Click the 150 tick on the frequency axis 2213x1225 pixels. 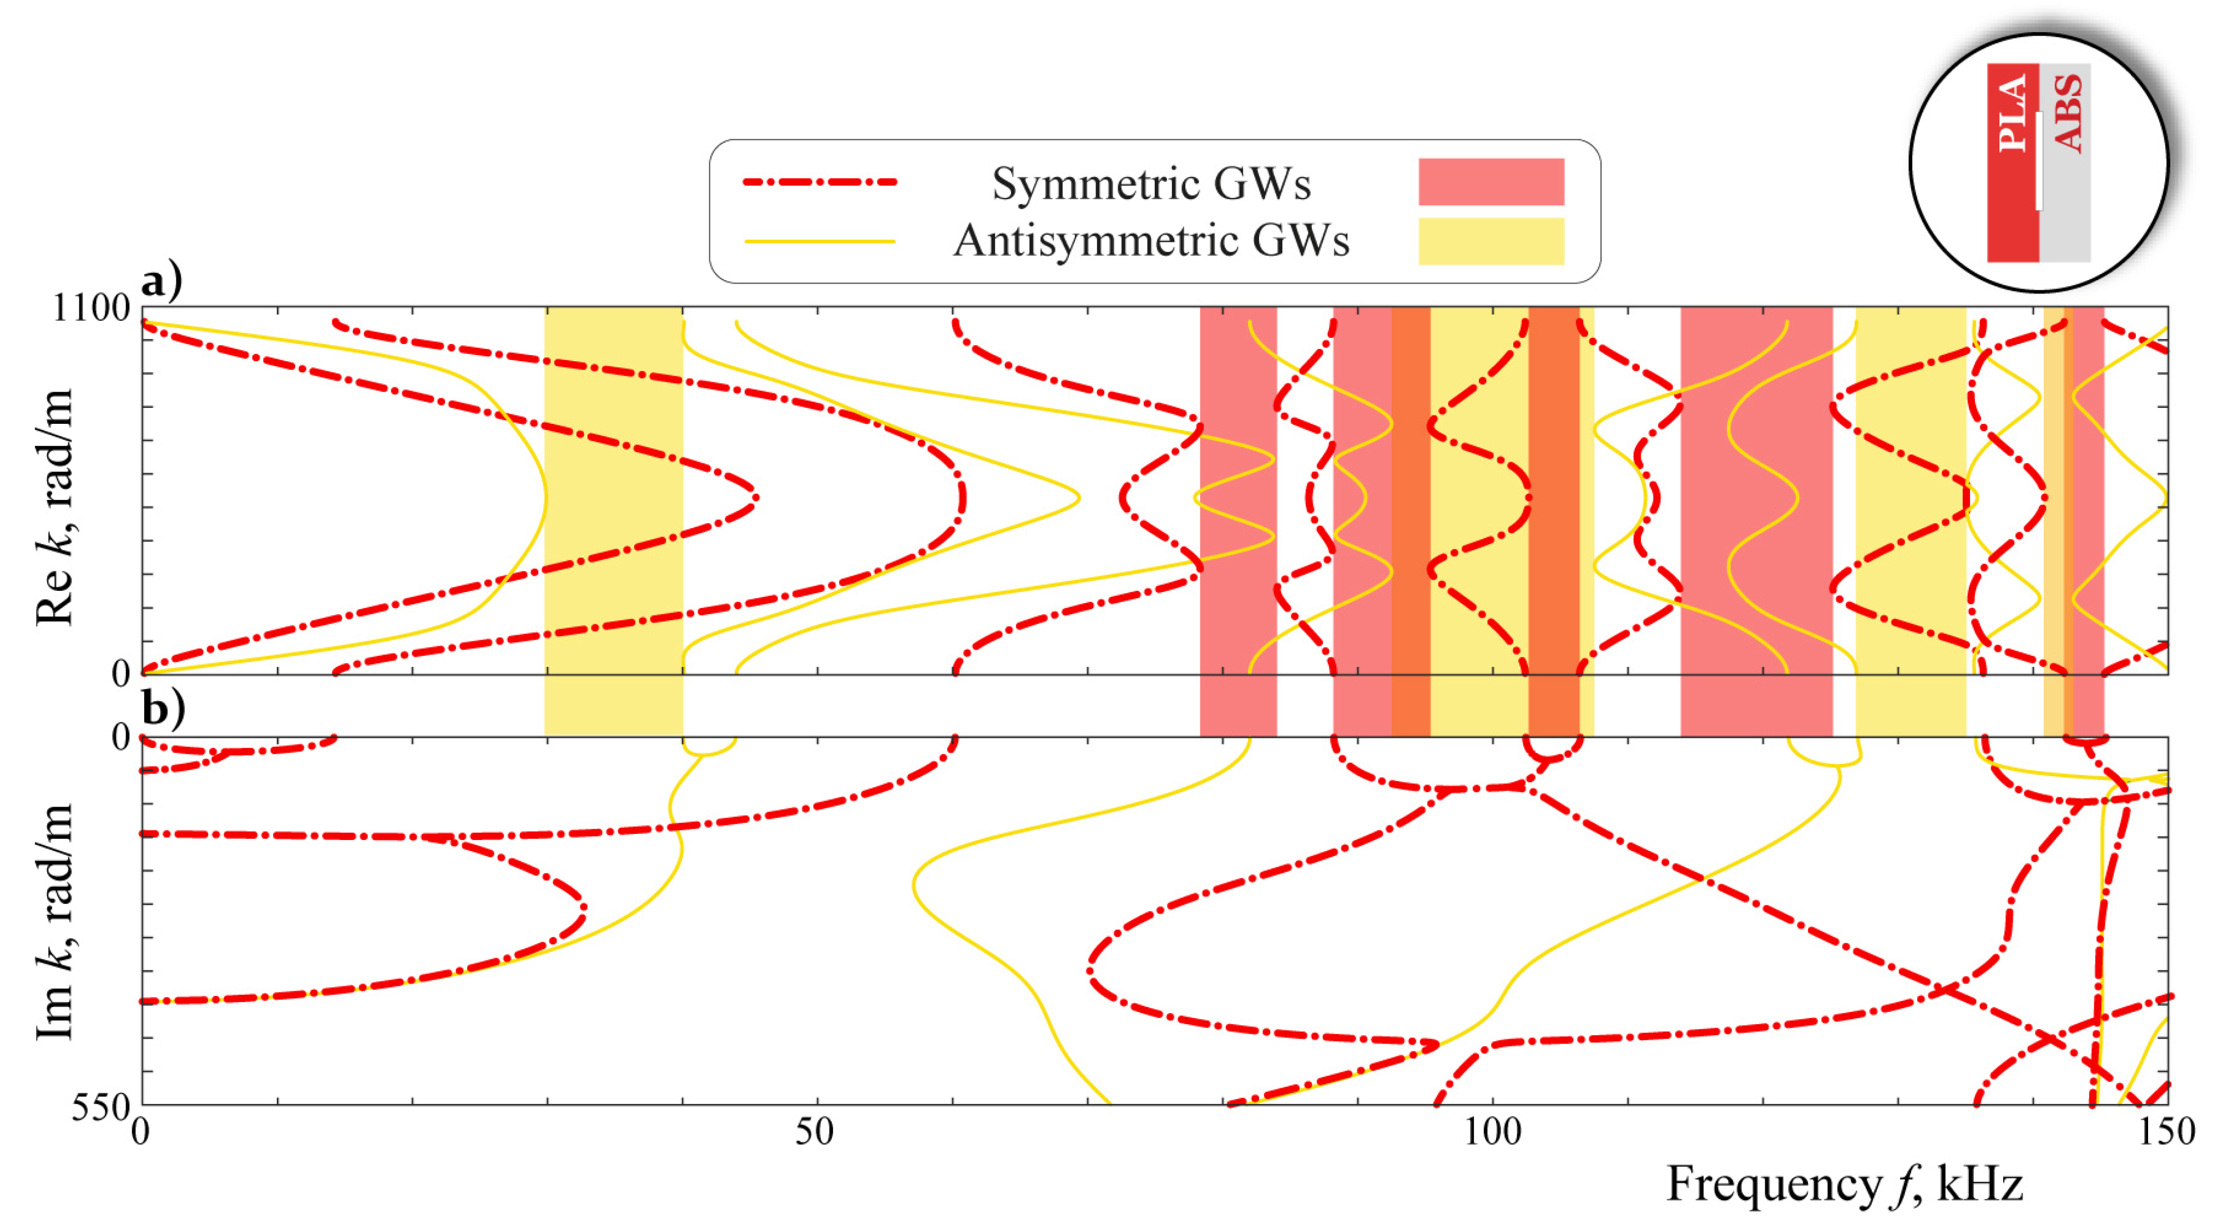click(x=2166, y=1132)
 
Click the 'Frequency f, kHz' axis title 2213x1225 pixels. click(x=1845, y=1184)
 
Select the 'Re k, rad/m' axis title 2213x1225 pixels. click(x=53, y=507)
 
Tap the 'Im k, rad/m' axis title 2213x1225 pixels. click(x=53, y=921)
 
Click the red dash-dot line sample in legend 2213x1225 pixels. click(x=820, y=182)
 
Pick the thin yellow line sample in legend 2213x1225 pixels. click(x=820, y=241)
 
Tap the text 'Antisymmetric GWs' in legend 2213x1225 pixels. click(x=1151, y=241)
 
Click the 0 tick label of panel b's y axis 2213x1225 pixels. click(x=121, y=738)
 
